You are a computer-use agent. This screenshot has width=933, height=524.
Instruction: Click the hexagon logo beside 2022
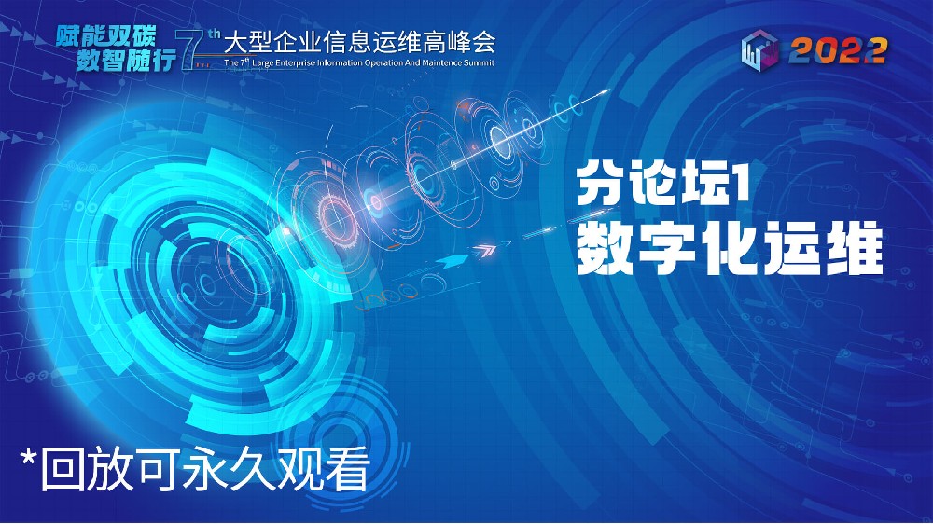pyautogui.click(x=759, y=49)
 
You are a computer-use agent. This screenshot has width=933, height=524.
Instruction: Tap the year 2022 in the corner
pyautogui.click(x=838, y=51)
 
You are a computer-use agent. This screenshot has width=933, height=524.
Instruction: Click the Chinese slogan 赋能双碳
pyautogui.click(x=106, y=36)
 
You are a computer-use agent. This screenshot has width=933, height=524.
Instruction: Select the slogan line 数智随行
pyautogui.click(x=126, y=60)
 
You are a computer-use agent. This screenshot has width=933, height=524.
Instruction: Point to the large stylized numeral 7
pyautogui.click(x=191, y=50)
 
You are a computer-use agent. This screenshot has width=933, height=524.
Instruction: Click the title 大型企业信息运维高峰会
pyautogui.click(x=359, y=42)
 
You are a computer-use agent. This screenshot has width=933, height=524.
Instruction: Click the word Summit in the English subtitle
pyautogui.click(x=480, y=62)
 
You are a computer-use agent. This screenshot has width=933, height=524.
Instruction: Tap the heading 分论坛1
pyautogui.click(x=661, y=185)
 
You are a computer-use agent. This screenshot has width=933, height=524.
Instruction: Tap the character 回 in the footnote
pyautogui.click(x=62, y=470)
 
